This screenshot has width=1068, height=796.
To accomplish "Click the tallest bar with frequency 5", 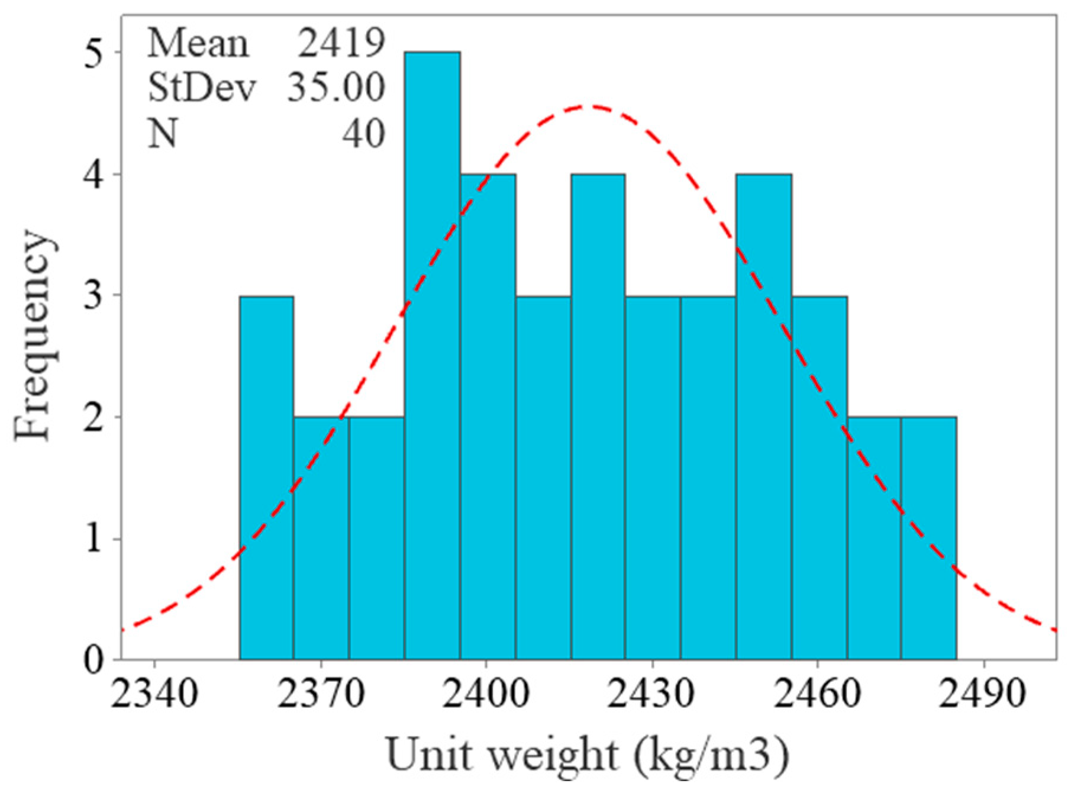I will coord(433,355).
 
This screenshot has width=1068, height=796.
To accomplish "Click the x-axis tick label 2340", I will coord(154,692).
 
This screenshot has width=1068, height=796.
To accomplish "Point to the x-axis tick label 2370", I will coord(320,692).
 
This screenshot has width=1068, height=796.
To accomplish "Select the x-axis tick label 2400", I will coord(486,692).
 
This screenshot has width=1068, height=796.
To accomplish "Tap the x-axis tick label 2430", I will coord(651,692).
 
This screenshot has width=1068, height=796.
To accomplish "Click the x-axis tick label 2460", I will coord(817,692).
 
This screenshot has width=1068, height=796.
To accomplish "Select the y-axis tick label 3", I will coord(93,295).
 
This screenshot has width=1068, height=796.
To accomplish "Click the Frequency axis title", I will coord(34,336).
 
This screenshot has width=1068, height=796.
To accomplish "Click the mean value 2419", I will coord(341,43).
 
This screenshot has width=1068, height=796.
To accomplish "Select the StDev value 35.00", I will coord(336,88).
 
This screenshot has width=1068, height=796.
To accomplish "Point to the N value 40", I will coord(363,133).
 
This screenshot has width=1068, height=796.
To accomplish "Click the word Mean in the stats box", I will coord(198,43).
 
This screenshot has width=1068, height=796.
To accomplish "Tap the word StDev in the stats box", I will coord(201,88).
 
